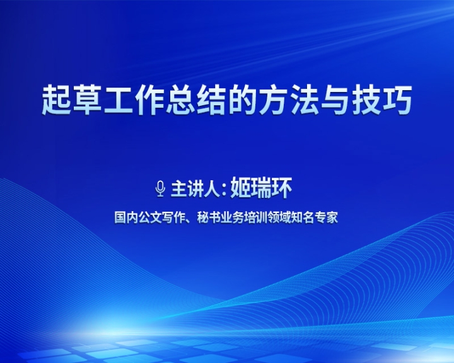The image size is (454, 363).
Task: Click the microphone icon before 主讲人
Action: (160, 188)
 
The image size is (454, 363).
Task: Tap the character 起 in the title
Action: (57, 100)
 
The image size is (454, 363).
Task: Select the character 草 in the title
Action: (88, 100)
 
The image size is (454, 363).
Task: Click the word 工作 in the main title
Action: (134, 100)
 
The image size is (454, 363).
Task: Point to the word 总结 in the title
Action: (196, 100)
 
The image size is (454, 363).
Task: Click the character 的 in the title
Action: (243, 100)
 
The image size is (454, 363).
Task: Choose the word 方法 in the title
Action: (289, 100)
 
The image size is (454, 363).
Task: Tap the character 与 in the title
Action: (335, 100)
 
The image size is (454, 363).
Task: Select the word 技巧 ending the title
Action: (381, 100)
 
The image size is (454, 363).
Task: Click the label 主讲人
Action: (195, 189)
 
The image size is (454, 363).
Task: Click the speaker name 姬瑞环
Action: (261, 188)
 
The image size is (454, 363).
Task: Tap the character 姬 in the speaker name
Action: (240, 188)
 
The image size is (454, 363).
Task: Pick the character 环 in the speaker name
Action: (282, 188)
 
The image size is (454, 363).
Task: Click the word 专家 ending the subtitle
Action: (327, 217)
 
